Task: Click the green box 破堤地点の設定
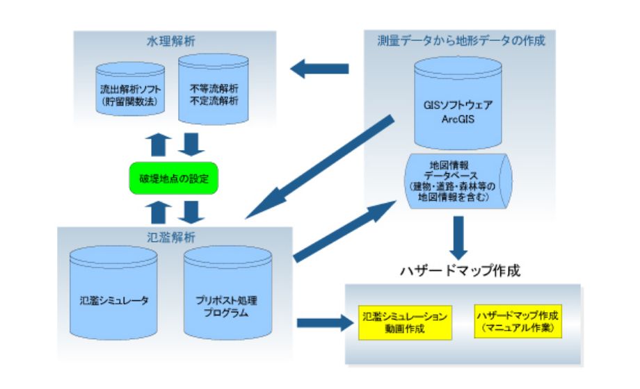(174, 179)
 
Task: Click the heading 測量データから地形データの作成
(461, 40)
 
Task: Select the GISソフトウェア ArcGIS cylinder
(458, 104)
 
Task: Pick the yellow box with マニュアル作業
(518, 321)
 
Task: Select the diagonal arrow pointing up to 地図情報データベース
(341, 229)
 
